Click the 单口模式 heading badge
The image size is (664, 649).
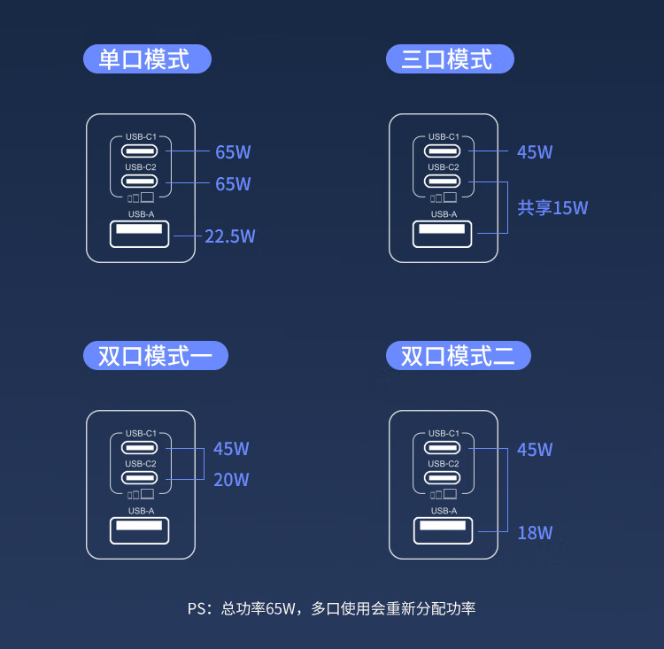[147, 60]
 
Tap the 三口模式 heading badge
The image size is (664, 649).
[450, 60]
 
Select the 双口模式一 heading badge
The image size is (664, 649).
[156, 356]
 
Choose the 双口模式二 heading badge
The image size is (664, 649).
[459, 356]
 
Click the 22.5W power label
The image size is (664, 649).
[230, 236]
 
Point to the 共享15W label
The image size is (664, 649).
[552, 208]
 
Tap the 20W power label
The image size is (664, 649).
[231, 480]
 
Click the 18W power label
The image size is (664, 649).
[535, 532]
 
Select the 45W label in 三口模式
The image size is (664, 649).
[535, 152]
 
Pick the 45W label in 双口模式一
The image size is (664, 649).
[231, 449]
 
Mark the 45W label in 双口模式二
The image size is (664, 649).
[535, 450]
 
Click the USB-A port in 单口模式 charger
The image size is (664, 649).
[140, 235]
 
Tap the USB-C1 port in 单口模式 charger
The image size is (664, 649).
[141, 151]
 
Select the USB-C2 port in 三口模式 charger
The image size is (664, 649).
[444, 182]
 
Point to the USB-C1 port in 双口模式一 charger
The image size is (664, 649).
[141, 447]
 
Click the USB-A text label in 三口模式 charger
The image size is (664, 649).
[444, 214]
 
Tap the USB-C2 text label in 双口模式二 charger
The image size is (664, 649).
[444, 464]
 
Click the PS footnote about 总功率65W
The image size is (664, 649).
[331, 608]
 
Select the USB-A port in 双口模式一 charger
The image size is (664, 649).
[140, 530]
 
